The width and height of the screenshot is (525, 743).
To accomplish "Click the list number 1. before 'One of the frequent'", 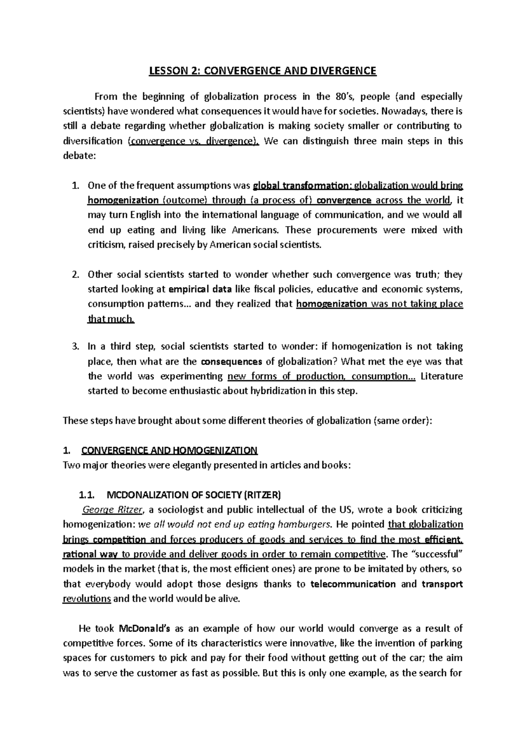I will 75,186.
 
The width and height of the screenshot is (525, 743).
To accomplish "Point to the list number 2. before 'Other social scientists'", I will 75,275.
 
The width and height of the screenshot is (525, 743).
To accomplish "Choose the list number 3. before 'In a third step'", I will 75,347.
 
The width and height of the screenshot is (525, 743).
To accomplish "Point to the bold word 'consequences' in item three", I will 231,362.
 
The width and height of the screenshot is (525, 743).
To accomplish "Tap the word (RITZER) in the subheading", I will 262,495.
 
